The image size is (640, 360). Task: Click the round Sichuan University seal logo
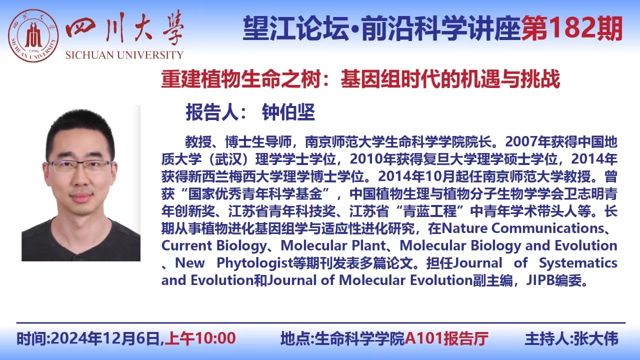pos(33,35)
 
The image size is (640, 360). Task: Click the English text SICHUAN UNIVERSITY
pos(124,55)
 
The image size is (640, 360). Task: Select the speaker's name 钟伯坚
pos(288,112)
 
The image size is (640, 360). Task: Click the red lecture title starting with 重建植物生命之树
pos(360,79)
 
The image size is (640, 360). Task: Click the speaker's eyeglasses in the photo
pos(80,166)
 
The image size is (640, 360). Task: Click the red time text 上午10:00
pos(200,338)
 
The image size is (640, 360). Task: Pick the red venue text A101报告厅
pos(446,338)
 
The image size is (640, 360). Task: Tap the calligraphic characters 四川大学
pos(124,28)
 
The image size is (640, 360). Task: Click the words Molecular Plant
pos(333,245)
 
